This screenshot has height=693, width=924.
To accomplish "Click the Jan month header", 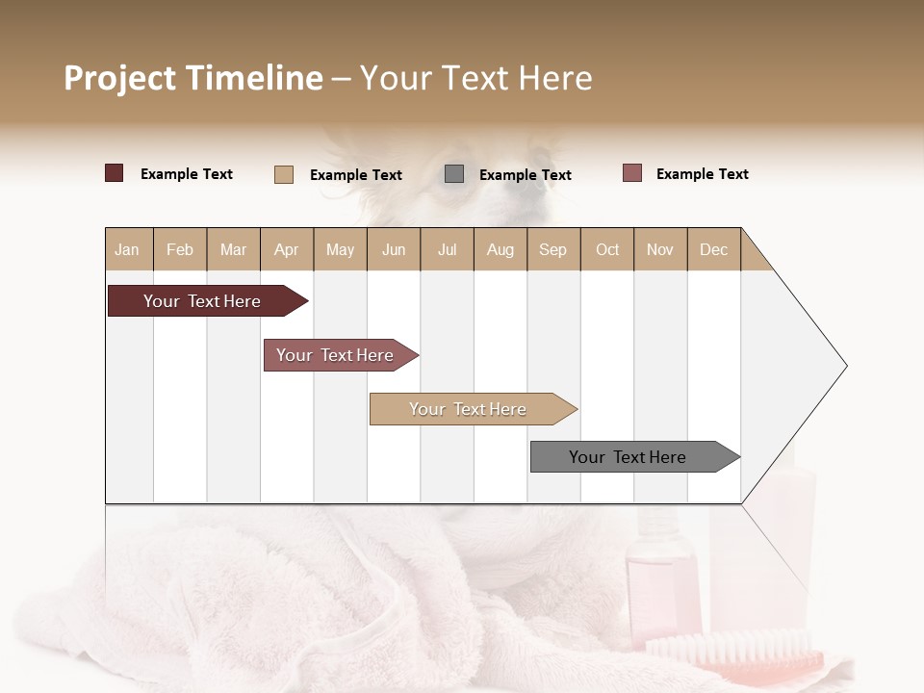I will [x=128, y=249].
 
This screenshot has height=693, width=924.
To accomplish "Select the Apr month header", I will [x=287, y=249].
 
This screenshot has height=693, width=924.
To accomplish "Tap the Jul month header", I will [x=447, y=249].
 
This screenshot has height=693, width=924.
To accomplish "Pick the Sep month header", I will [x=552, y=249].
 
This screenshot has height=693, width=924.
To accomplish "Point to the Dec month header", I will [x=713, y=249].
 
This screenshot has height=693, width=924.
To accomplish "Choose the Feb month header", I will [x=180, y=249].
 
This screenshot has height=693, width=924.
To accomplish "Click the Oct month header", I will [x=607, y=249].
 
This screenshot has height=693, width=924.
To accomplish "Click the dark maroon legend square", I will [x=114, y=173].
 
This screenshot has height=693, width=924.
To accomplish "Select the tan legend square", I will [x=284, y=174].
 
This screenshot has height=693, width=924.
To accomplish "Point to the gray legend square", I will [x=454, y=174].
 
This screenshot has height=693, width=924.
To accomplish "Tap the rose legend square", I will [x=631, y=173].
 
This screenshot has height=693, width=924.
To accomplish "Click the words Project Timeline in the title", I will [x=193, y=78].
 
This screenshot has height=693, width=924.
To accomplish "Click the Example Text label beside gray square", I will [x=525, y=175].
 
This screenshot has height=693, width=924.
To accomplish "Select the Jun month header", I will [x=394, y=249].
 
